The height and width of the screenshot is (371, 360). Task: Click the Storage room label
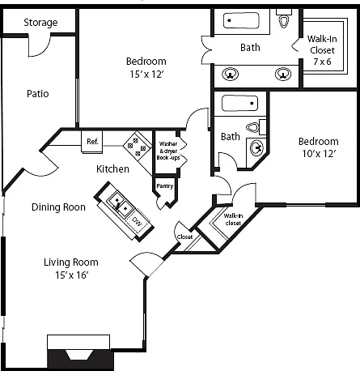(x=40, y=23)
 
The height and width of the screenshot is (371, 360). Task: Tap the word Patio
(x=38, y=94)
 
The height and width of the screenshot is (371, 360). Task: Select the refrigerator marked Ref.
(x=92, y=142)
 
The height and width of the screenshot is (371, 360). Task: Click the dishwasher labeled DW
(x=138, y=222)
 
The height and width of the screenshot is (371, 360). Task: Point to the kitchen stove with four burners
(x=138, y=146)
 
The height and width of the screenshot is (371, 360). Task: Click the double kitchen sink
(x=121, y=204)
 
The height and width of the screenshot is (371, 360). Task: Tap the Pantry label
(x=165, y=186)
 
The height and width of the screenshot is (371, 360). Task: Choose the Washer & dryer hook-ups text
(x=168, y=151)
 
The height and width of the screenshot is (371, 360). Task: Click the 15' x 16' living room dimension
(x=72, y=275)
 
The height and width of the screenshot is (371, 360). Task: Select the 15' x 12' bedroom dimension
(x=146, y=74)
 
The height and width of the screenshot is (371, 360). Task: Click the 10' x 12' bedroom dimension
(x=319, y=154)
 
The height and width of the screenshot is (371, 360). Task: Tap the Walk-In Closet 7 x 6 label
(x=322, y=50)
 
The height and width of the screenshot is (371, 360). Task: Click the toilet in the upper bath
(x=284, y=19)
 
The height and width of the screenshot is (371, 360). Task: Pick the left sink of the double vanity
(x=230, y=74)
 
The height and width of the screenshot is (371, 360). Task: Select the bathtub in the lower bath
(x=239, y=103)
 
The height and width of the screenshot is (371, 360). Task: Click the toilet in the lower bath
(x=256, y=127)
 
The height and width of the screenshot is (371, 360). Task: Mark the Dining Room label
(x=58, y=207)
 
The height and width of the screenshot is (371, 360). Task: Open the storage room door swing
(x=40, y=46)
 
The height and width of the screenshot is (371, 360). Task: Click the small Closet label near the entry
(x=184, y=237)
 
